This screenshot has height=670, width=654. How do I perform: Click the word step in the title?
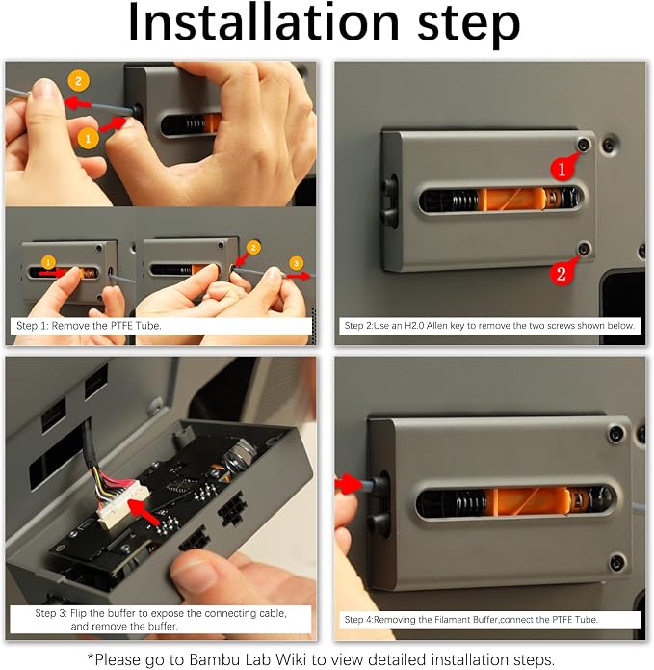click(468, 25)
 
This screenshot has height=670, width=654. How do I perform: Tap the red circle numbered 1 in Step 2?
click(562, 169)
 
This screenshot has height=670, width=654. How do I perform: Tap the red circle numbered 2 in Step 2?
click(561, 273)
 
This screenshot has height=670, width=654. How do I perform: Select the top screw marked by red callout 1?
click(584, 145)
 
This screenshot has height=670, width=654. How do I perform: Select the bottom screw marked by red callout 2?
click(584, 248)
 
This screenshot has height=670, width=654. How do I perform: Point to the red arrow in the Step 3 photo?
click(144, 512)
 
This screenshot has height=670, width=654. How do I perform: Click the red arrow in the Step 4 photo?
click(349, 484)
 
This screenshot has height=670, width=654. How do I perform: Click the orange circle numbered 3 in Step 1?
click(297, 263)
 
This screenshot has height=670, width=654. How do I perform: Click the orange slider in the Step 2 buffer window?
click(511, 199)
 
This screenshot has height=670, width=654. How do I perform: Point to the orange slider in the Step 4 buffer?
click(530, 501)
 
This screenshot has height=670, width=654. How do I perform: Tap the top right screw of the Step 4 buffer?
click(615, 434)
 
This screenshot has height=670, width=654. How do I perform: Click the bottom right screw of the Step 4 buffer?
click(616, 563)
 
